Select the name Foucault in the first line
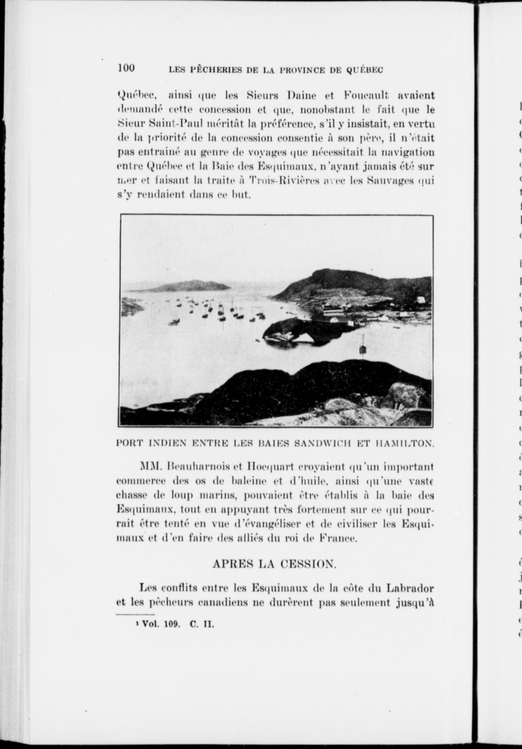point(363,96)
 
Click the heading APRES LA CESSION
point(274,564)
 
